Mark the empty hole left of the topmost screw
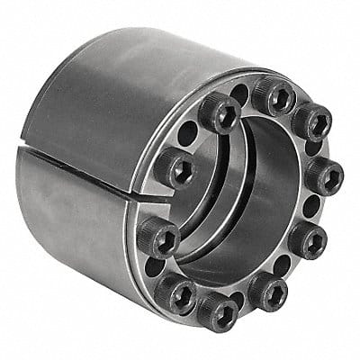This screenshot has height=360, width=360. click(240, 93)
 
